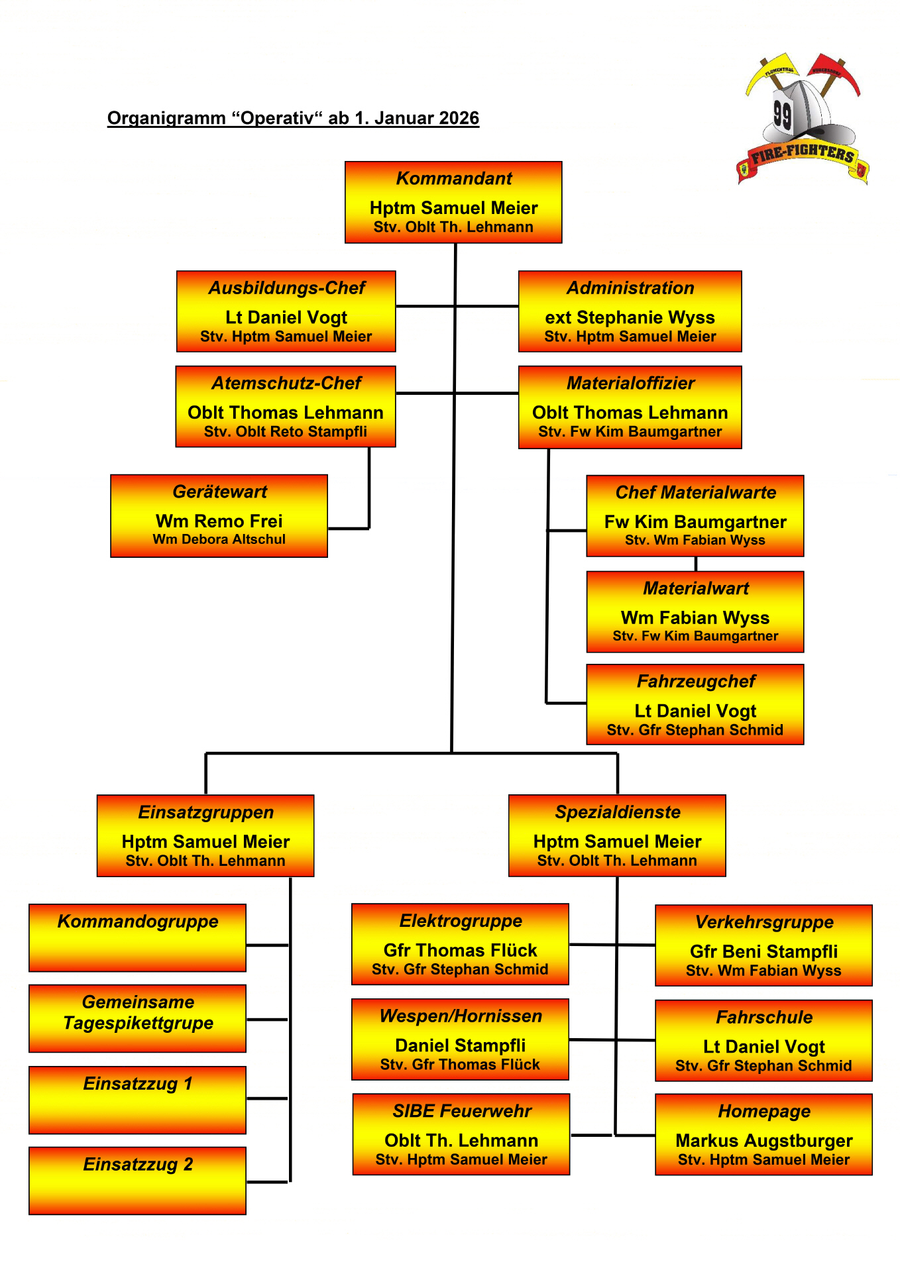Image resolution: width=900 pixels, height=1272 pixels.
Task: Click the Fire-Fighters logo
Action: pyautogui.click(x=803, y=119)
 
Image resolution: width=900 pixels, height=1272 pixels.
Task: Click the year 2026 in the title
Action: pyautogui.click(x=459, y=118)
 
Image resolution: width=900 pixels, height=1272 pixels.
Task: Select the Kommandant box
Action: pyautogui.click(x=453, y=202)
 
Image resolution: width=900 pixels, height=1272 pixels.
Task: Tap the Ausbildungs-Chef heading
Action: pyautogui.click(x=286, y=288)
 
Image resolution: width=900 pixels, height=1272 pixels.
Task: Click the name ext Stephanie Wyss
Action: pyautogui.click(x=630, y=317)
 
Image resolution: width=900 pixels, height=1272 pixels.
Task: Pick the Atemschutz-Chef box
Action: pyautogui.click(x=286, y=407)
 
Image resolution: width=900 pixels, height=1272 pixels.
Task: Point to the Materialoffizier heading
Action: pyautogui.click(x=630, y=383)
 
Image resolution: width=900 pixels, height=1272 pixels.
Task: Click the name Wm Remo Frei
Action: pyautogui.click(x=219, y=521)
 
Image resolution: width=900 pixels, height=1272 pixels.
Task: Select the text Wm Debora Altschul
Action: pyautogui.click(x=219, y=539)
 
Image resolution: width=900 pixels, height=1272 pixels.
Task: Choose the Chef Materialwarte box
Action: pyautogui.click(x=695, y=515)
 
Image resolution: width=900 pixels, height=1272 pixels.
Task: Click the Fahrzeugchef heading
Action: pyautogui.click(x=696, y=681)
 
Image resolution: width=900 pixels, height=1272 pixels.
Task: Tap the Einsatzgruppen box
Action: pyautogui.click(x=205, y=835)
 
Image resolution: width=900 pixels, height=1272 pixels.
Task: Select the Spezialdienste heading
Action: pyautogui.click(x=618, y=812)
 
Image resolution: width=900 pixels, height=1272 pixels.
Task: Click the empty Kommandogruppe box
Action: pyautogui.click(x=137, y=937)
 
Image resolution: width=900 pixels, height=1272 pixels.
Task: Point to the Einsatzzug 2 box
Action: pyautogui.click(x=137, y=1181)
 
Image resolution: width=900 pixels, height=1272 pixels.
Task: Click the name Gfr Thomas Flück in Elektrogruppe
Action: pyautogui.click(x=460, y=950)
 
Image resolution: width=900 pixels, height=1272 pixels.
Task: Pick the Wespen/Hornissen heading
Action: pyautogui.click(x=461, y=1016)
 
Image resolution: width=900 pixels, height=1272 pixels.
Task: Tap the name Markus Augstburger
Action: pyautogui.click(x=763, y=1140)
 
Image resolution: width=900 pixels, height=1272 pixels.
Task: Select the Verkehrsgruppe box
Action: pyautogui.click(x=763, y=945)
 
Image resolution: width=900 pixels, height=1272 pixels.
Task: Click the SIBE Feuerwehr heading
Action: pyautogui.click(x=462, y=1111)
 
